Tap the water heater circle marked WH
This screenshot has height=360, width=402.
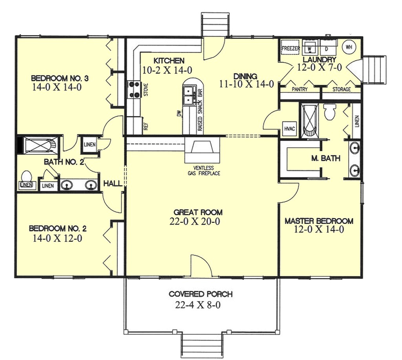coord(348,47)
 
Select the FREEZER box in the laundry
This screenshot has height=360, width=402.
coord(291,48)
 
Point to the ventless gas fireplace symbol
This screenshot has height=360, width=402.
coord(202,149)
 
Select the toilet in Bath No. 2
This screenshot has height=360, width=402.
coord(27,175)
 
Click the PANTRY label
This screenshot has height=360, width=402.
coord(300,90)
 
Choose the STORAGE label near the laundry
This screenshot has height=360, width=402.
coord(342,90)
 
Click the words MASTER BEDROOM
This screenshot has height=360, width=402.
coord(319,221)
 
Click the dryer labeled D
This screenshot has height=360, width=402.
coord(327,48)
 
